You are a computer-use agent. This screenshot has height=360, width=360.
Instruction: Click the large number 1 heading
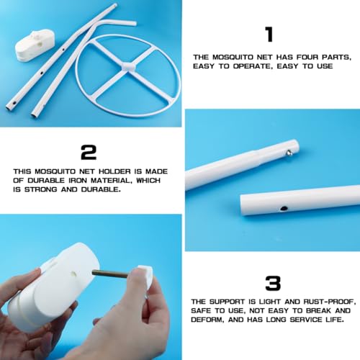tap(269, 35)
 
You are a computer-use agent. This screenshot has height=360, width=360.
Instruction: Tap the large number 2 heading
tap(89, 153)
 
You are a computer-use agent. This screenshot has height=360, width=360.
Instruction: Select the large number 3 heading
tap(273, 284)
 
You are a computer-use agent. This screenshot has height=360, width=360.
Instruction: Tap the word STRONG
tap(41, 189)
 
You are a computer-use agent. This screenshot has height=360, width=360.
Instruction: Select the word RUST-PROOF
tap(328, 302)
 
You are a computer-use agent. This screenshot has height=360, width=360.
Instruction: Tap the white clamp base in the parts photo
tap(35, 45)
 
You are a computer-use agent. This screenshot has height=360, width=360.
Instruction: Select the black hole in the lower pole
tap(284, 208)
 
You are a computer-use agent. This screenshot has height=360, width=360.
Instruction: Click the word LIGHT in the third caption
tap(271, 302)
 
